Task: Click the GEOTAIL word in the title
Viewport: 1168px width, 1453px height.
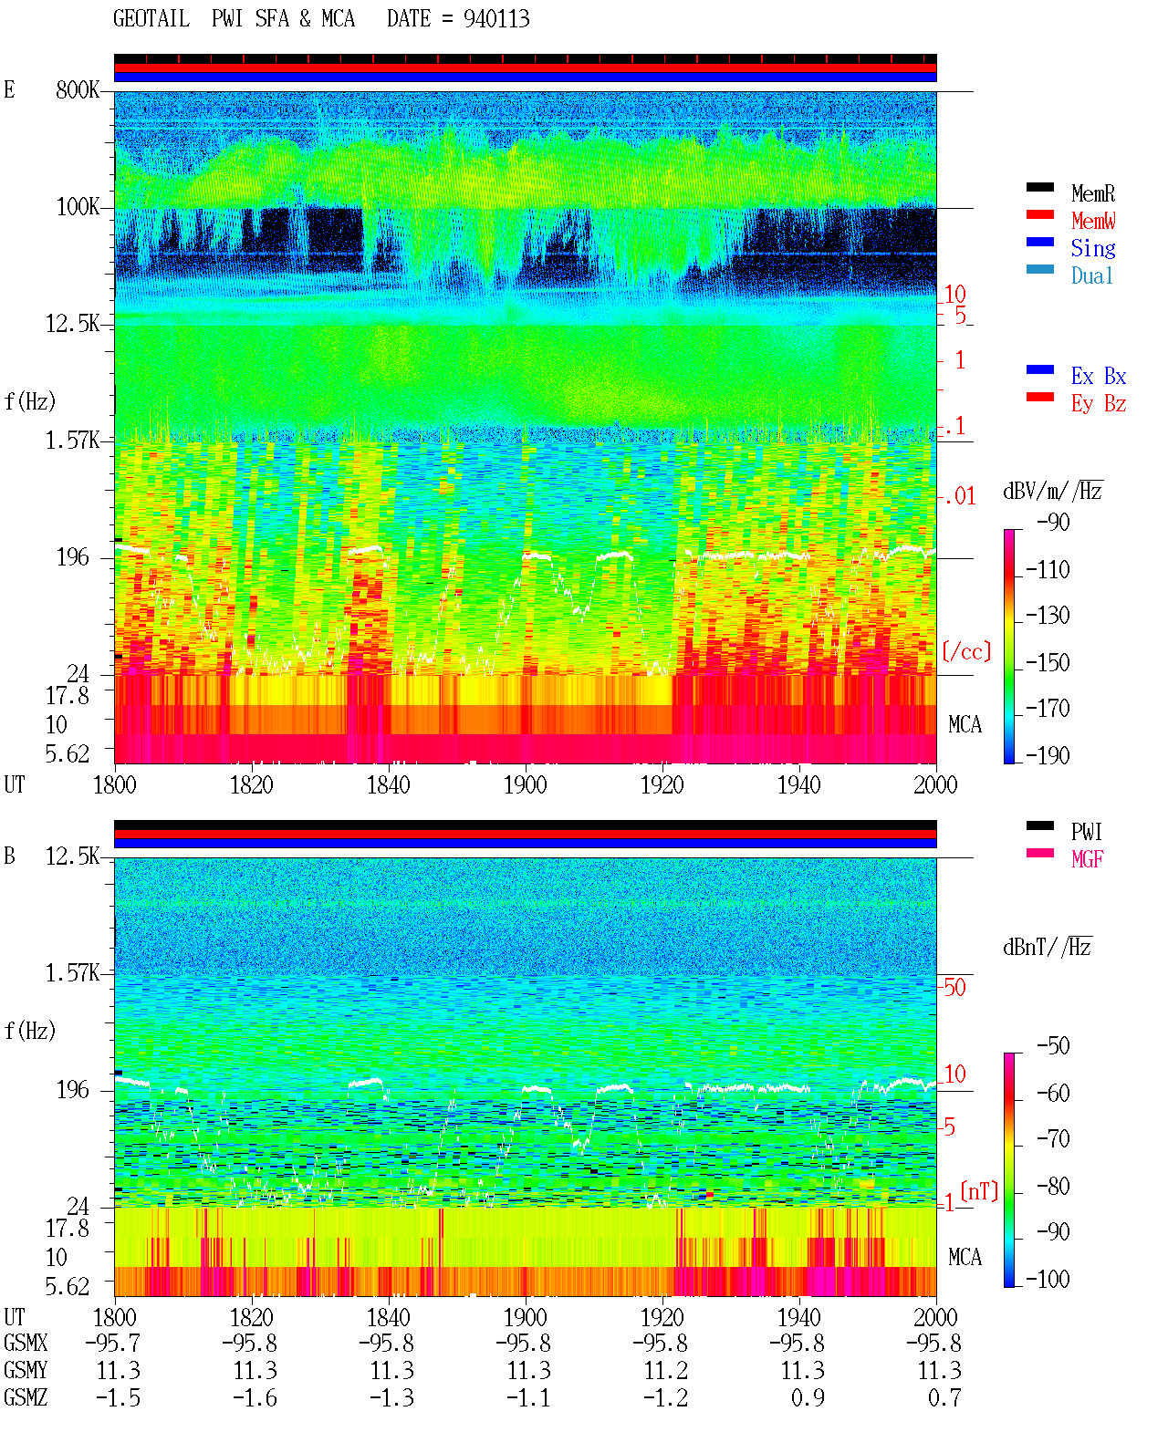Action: (151, 18)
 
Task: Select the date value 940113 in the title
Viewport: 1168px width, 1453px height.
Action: (496, 19)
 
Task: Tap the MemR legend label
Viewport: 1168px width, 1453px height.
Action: (1093, 193)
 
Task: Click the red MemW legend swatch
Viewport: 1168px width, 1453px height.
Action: (1039, 214)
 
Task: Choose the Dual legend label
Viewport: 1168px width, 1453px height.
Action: (1092, 275)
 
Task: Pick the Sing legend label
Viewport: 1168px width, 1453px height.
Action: (1093, 248)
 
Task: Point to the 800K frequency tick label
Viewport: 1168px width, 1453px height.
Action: (78, 89)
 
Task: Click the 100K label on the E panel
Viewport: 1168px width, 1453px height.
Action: (78, 207)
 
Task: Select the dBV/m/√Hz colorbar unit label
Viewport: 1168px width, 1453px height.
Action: (1052, 491)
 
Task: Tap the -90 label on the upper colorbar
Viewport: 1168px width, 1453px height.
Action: (1053, 522)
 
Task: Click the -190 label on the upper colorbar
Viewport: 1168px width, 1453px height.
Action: (1048, 755)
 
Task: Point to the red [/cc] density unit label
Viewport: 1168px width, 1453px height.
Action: (966, 651)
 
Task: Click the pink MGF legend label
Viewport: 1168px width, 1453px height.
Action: (1088, 859)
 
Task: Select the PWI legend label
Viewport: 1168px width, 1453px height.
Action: (1087, 831)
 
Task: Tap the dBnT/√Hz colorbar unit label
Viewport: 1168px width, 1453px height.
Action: (1048, 948)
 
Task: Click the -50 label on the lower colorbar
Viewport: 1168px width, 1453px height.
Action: (1053, 1046)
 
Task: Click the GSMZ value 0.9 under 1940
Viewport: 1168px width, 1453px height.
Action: (808, 1397)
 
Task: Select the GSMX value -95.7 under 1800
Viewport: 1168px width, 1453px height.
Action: (113, 1343)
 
